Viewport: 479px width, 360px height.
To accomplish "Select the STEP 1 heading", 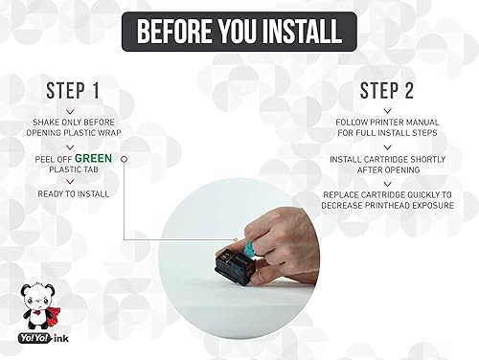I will [73, 92].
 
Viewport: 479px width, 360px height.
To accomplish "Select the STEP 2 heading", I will [387, 92].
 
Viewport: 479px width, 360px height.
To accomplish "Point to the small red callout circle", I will [124, 158].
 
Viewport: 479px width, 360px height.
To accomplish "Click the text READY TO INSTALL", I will [73, 193].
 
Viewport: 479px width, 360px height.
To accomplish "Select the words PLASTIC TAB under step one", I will [73, 169].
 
